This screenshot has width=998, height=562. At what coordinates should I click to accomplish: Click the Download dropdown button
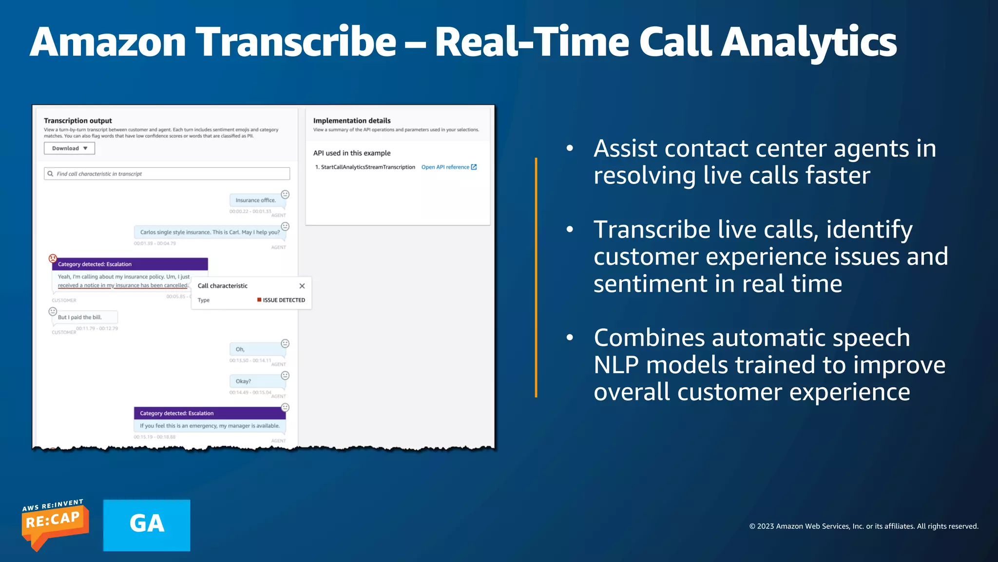[x=69, y=148]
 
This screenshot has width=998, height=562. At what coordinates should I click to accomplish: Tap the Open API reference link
[x=448, y=167]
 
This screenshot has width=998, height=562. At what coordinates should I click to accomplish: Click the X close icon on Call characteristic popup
[x=302, y=286]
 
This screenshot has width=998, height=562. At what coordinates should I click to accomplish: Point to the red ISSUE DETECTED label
[x=281, y=300]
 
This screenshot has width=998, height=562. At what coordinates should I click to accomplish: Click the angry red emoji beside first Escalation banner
[x=53, y=258]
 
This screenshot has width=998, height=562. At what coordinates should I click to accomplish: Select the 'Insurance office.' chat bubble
[x=255, y=200]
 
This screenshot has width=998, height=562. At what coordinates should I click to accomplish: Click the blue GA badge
[x=147, y=525]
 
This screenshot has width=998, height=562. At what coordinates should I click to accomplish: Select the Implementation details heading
[x=352, y=120]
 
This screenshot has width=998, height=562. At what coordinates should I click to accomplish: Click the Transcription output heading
[x=78, y=120]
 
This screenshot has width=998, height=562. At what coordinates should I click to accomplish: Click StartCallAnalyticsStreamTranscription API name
[x=367, y=167]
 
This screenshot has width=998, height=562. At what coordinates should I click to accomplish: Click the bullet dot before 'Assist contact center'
[x=570, y=148]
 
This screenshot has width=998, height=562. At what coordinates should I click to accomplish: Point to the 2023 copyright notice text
[x=863, y=526]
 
